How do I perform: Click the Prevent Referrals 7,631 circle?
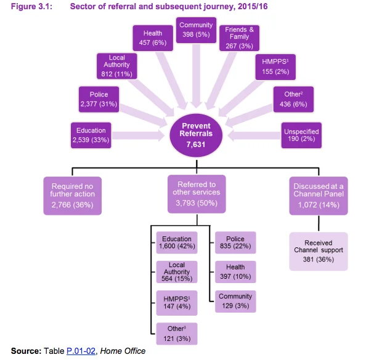[196, 135]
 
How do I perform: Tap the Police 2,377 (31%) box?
[99, 100]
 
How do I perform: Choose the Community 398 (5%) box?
[196, 30]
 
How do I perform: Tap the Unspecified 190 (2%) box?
[301, 135]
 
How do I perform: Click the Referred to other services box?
[196, 195]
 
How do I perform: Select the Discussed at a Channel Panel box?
[319, 195]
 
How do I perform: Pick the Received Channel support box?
[319, 251]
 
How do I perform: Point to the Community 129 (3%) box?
[235, 301]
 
